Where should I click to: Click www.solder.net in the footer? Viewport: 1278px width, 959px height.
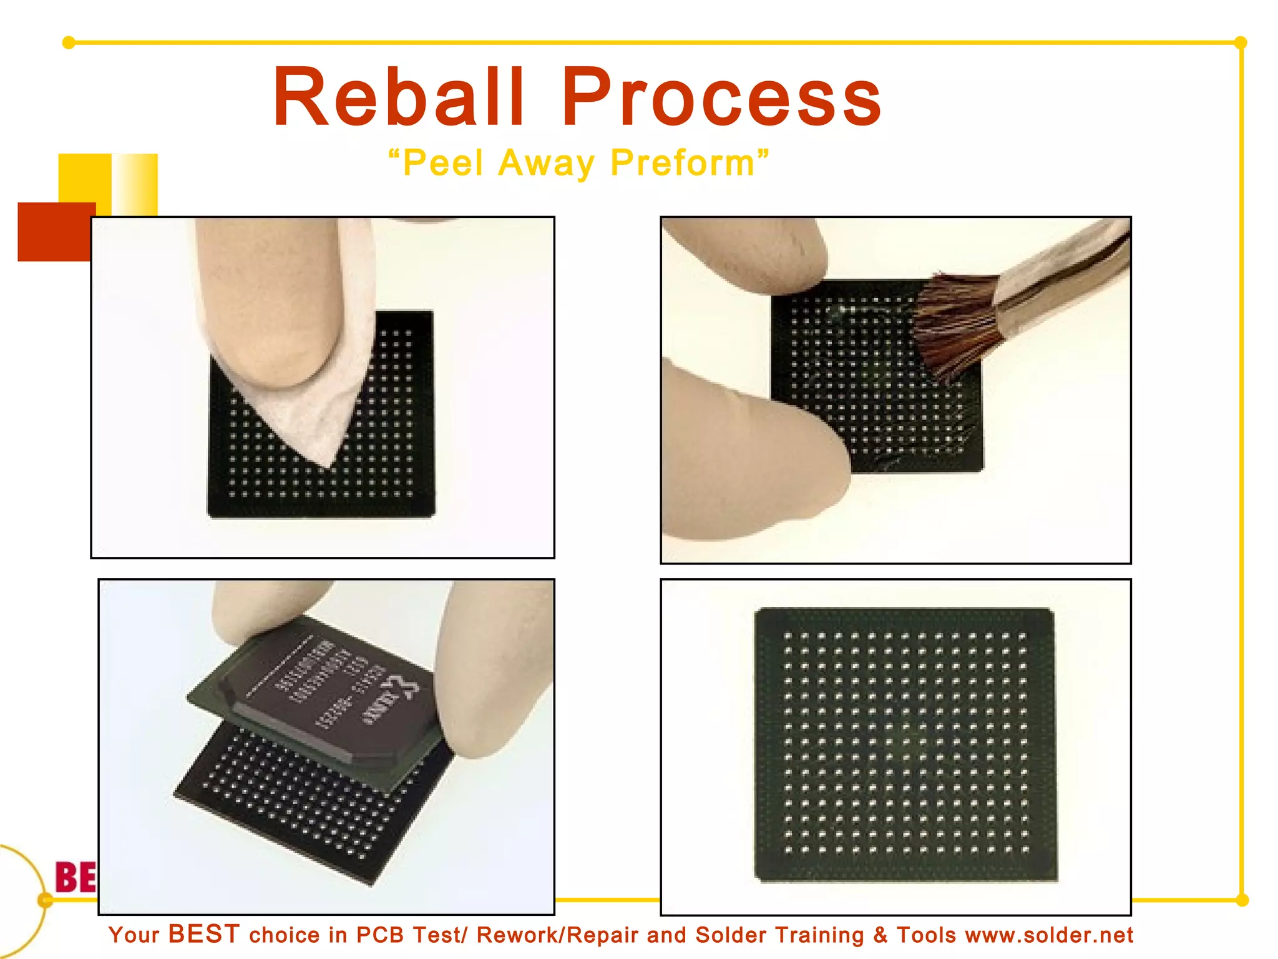(1048, 935)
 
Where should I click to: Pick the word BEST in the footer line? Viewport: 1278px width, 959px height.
(204, 934)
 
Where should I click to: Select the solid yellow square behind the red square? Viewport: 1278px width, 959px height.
(84, 178)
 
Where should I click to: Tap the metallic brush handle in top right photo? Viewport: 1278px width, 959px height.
(1061, 268)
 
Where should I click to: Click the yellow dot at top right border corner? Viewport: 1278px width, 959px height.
(1241, 42)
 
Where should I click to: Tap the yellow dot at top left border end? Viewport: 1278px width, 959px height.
(69, 42)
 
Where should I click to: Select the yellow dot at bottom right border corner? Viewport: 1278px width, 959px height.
(1242, 900)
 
